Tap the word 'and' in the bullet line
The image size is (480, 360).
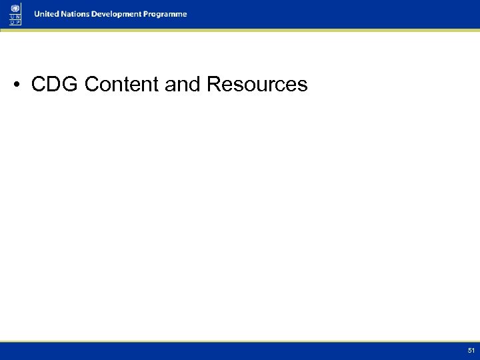pos(181,85)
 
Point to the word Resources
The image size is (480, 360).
pos(257,85)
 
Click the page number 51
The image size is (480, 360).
pos(471,350)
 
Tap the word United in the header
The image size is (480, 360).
pos(49,14)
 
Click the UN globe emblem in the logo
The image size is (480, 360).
pos(15,8)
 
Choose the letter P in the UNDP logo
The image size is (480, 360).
pos(17,22)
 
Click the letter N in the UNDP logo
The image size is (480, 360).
pos(17,17)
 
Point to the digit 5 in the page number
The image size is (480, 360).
pos(469,350)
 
